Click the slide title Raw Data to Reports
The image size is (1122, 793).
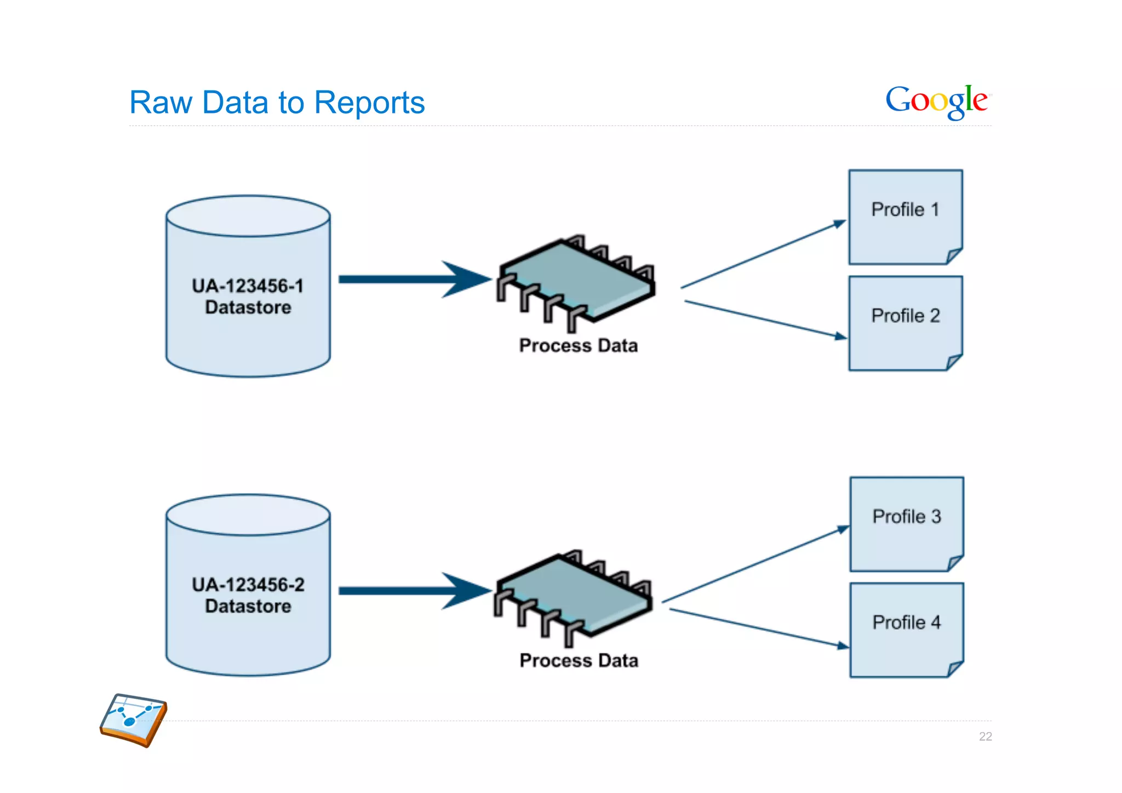coord(277,102)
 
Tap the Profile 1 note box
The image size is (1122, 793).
coord(905,217)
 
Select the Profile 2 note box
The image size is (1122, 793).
coord(905,323)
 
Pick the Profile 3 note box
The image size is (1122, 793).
coord(906,524)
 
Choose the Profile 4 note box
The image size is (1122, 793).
coord(906,630)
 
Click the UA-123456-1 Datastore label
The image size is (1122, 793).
coord(248,296)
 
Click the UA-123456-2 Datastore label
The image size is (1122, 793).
coord(248,595)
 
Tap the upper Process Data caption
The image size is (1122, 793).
coord(579,346)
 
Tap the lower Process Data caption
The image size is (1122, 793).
coord(579,660)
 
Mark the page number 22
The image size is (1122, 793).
coord(985,737)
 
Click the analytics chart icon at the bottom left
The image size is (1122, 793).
coord(134,720)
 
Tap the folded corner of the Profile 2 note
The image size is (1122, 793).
coord(954,362)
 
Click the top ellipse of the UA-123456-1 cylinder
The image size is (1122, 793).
coord(248,216)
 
